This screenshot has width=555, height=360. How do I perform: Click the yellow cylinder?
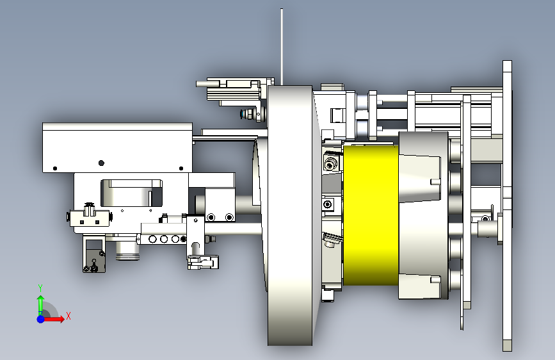371,215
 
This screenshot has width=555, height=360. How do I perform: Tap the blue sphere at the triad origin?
41,319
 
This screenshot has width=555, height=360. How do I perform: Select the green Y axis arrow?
41,304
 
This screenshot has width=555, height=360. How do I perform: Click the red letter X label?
68,316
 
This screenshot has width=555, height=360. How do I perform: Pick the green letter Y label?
40,288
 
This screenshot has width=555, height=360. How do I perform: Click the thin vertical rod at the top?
282,47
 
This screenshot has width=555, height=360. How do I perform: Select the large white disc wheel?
290,215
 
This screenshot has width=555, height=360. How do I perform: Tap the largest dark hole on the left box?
101,163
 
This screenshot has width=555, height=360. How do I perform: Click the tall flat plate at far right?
507,206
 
